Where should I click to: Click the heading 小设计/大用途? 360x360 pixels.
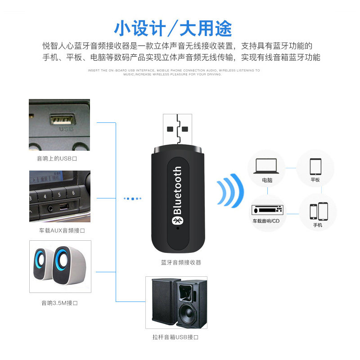click(x=173, y=28)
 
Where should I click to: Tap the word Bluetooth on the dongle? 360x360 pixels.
click(x=178, y=190)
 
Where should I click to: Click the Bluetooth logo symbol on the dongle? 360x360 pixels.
click(x=177, y=220)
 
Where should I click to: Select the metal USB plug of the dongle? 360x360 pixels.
click(x=179, y=130)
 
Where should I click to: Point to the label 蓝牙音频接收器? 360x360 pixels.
click(x=181, y=262)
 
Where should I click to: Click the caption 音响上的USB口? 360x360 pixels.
click(x=57, y=159)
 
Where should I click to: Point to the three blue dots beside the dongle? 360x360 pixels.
click(x=132, y=198)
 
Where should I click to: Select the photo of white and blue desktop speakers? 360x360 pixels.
click(x=60, y=266)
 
